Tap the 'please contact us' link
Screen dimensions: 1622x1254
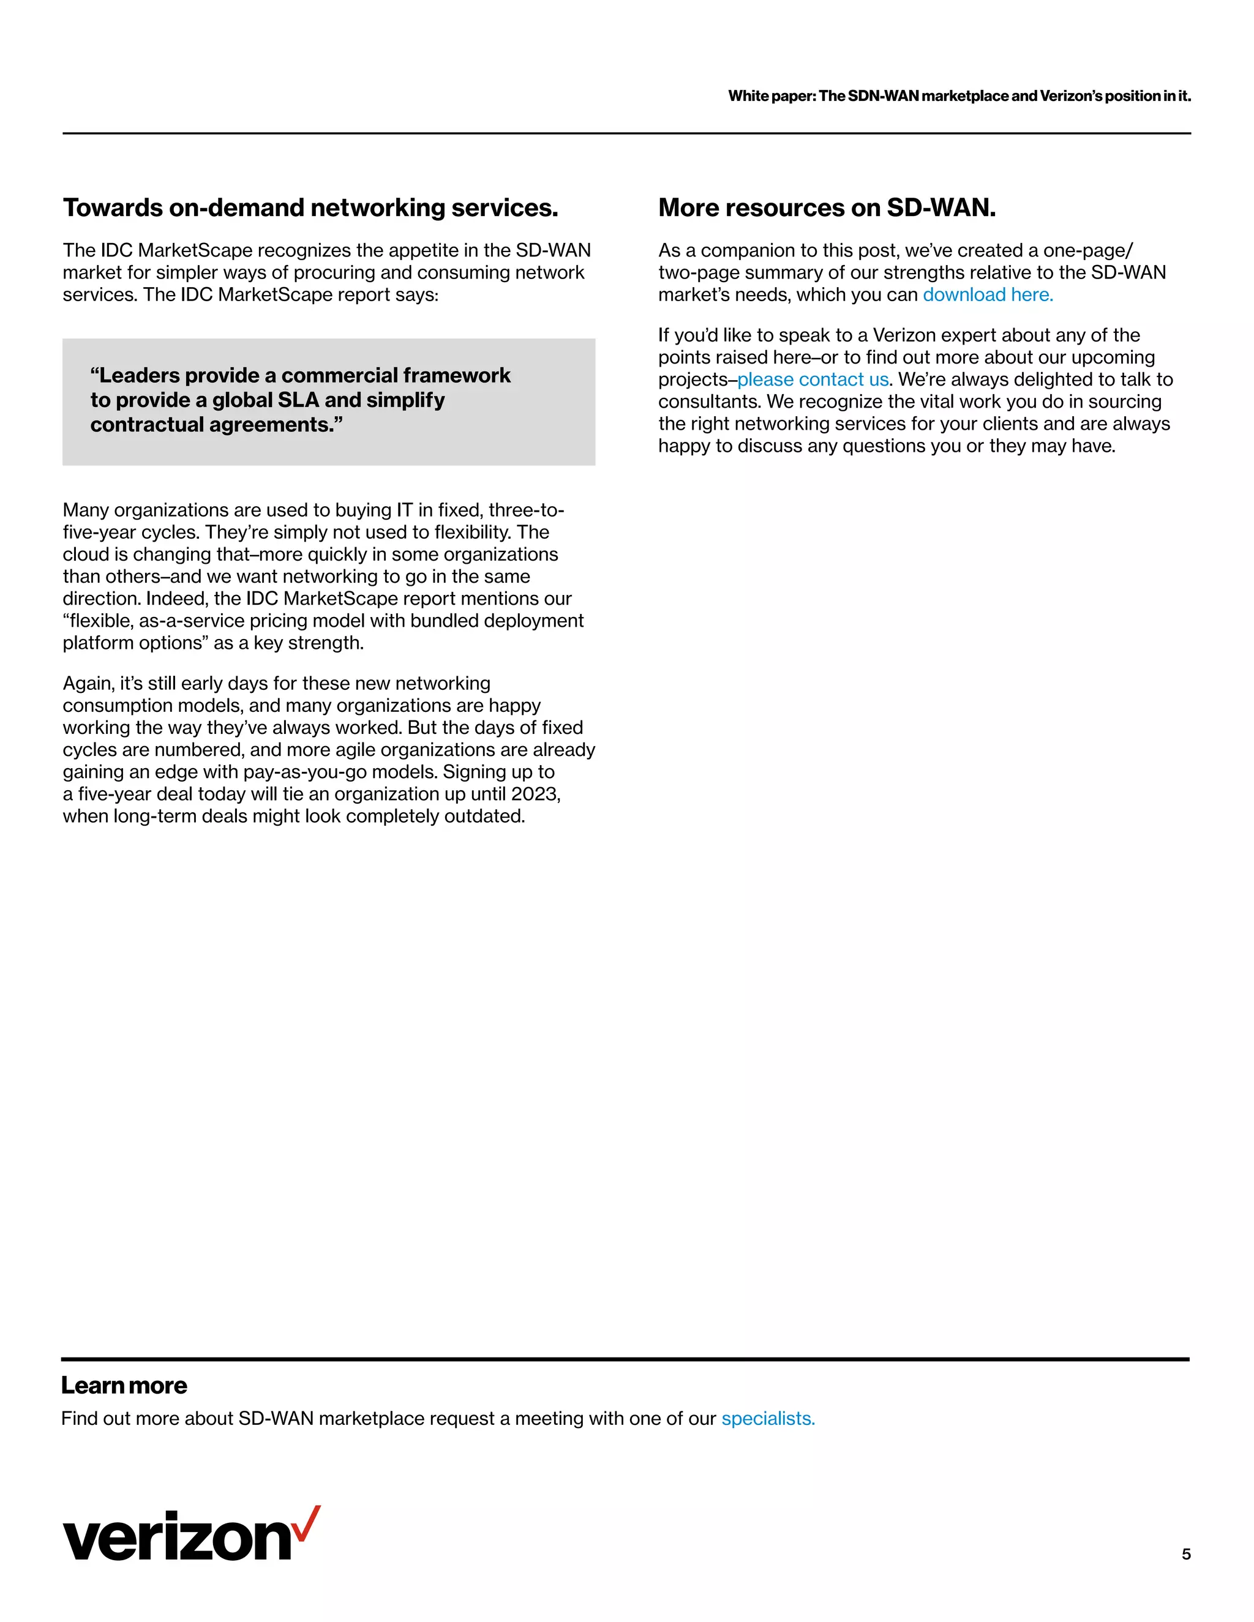pos(813,379)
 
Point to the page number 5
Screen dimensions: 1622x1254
pos(1185,1553)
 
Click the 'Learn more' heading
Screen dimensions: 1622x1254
pos(124,1385)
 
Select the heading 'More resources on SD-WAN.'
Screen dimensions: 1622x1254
pos(826,208)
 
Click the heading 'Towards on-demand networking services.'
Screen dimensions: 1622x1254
pos(310,208)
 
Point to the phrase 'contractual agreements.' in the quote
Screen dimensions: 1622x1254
pos(216,425)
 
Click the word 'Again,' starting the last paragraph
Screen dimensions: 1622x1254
pos(88,683)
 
